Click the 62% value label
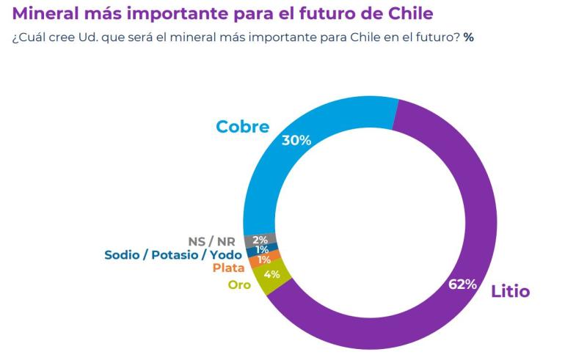point(463,284)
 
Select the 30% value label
point(296,139)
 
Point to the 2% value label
point(260,240)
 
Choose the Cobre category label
point(242,127)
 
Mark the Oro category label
point(239,284)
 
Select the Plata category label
point(228,268)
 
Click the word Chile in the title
point(412,13)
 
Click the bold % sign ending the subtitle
point(468,37)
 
